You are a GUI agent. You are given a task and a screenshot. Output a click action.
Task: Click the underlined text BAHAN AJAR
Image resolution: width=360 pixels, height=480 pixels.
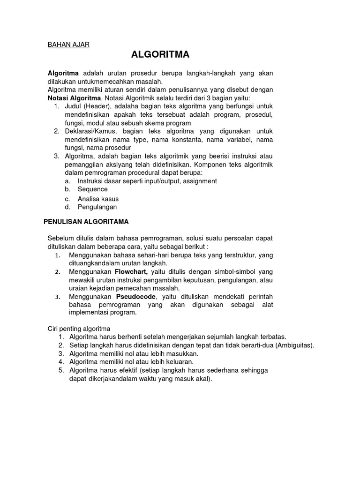point(68,45)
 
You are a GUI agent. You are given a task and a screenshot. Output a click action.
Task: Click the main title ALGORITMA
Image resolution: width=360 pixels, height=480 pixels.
point(160,55)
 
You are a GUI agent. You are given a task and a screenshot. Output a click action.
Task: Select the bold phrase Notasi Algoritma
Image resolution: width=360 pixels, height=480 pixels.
point(74,98)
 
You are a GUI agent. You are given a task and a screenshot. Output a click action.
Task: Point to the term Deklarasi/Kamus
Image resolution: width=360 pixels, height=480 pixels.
point(92,131)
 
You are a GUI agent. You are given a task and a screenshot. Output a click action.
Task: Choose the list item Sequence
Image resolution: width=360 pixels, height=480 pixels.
point(92,189)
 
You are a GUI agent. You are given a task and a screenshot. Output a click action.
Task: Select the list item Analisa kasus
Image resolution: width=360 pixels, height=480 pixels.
point(98,198)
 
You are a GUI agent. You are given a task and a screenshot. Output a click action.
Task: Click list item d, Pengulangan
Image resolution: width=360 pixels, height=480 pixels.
point(97,207)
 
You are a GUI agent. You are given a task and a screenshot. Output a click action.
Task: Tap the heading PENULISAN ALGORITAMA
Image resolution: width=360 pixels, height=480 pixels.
point(86,221)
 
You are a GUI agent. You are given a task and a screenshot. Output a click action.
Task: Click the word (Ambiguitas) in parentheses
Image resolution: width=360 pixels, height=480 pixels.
point(295,345)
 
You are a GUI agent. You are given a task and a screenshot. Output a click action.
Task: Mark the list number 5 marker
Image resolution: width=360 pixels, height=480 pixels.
point(61,370)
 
